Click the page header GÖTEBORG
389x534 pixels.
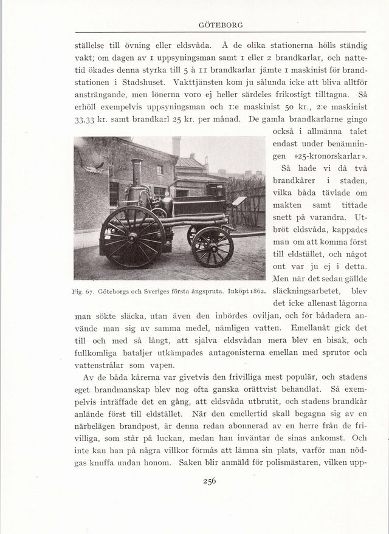point(221,25)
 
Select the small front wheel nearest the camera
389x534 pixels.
point(212,246)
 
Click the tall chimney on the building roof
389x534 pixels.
point(176,146)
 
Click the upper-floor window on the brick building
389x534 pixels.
point(160,169)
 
